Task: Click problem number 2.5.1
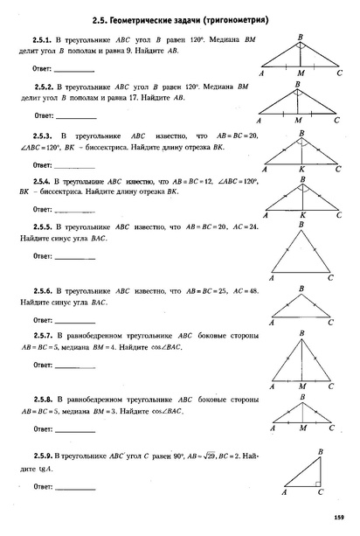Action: pyautogui.click(x=43, y=41)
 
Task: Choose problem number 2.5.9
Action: pyautogui.click(x=41, y=456)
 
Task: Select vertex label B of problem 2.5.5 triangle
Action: pyautogui.click(x=300, y=225)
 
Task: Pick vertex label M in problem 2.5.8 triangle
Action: pyautogui.click(x=301, y=430)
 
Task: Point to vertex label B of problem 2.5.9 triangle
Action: pyautogui.click(x=322, y=450)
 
